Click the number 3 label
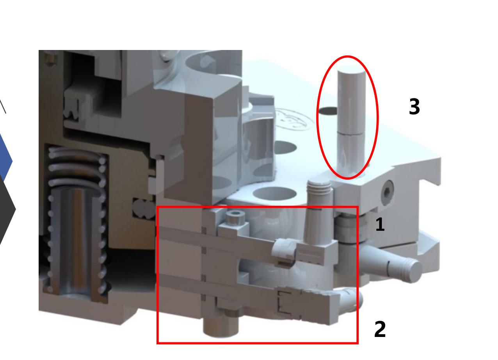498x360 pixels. [x=414, y=107]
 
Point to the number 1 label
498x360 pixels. [x=380, y=225]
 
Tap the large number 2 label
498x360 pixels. [x=380, y=330]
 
